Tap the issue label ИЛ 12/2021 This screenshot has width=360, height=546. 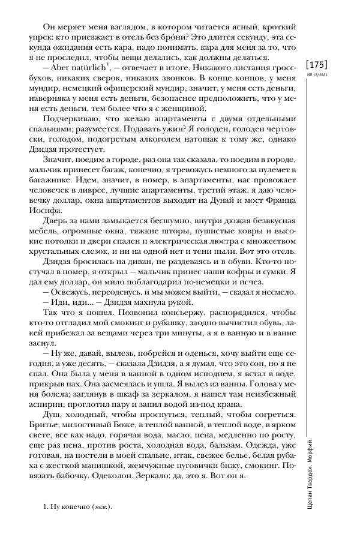[317, 77]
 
